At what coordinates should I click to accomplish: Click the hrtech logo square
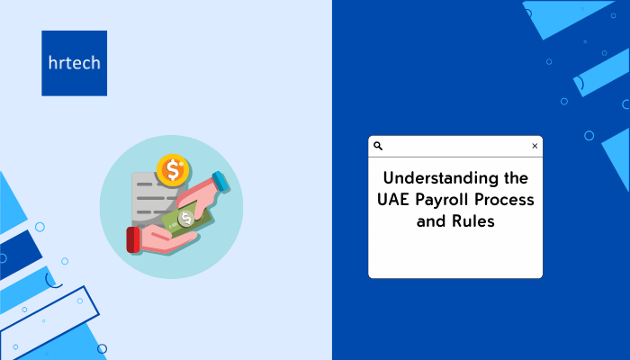pos(75,63)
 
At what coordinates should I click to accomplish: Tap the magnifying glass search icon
pos(378,146)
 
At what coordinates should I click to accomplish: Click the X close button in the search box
pos(535,146)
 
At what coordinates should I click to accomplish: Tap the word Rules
pos(473,221)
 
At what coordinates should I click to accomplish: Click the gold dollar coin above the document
pos(173,169)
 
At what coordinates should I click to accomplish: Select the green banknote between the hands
pos(185,219)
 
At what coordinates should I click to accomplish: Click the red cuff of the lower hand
pos(133,240)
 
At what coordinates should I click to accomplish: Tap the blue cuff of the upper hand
pos(220,181)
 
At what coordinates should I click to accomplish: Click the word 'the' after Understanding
pos(516,177)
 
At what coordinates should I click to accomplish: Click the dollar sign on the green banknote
pos(186,219)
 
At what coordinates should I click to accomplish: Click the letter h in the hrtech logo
pos(52,63)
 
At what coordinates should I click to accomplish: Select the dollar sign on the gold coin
pos(173,170)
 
